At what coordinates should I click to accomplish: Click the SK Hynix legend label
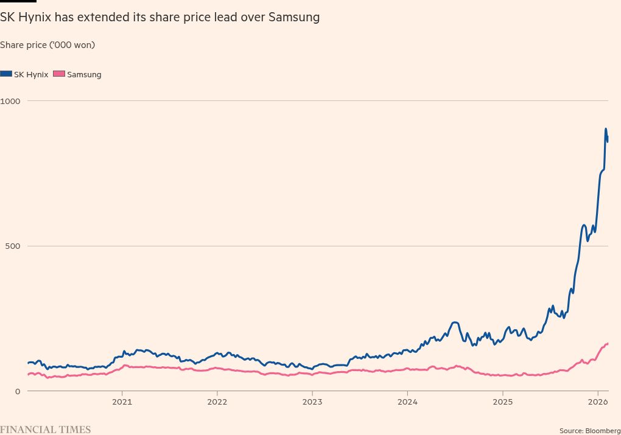[x=31, y=75]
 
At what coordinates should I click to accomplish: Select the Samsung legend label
[x=84, y=75]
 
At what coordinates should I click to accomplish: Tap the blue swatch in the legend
[x=6, y=74]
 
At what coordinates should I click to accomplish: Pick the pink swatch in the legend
[x=59, y=74]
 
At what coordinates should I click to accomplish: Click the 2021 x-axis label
[x=122, y=402]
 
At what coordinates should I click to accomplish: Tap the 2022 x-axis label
[x=217, y=402]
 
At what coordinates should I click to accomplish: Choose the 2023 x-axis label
[x=312, y=402]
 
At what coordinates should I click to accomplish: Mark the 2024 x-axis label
[x=407, y=402]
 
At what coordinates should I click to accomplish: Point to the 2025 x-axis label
[x=502, y=402]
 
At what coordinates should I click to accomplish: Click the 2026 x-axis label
[x=597, y=402]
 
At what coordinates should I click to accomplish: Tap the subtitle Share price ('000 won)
[x=47, y=45]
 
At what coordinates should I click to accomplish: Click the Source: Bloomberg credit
[x=589, y=431]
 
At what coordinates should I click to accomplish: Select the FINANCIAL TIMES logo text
[x=45, y=430]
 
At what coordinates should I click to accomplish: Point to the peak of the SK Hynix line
[x=606, y=129]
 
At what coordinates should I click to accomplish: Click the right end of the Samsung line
[x=608, y=344]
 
